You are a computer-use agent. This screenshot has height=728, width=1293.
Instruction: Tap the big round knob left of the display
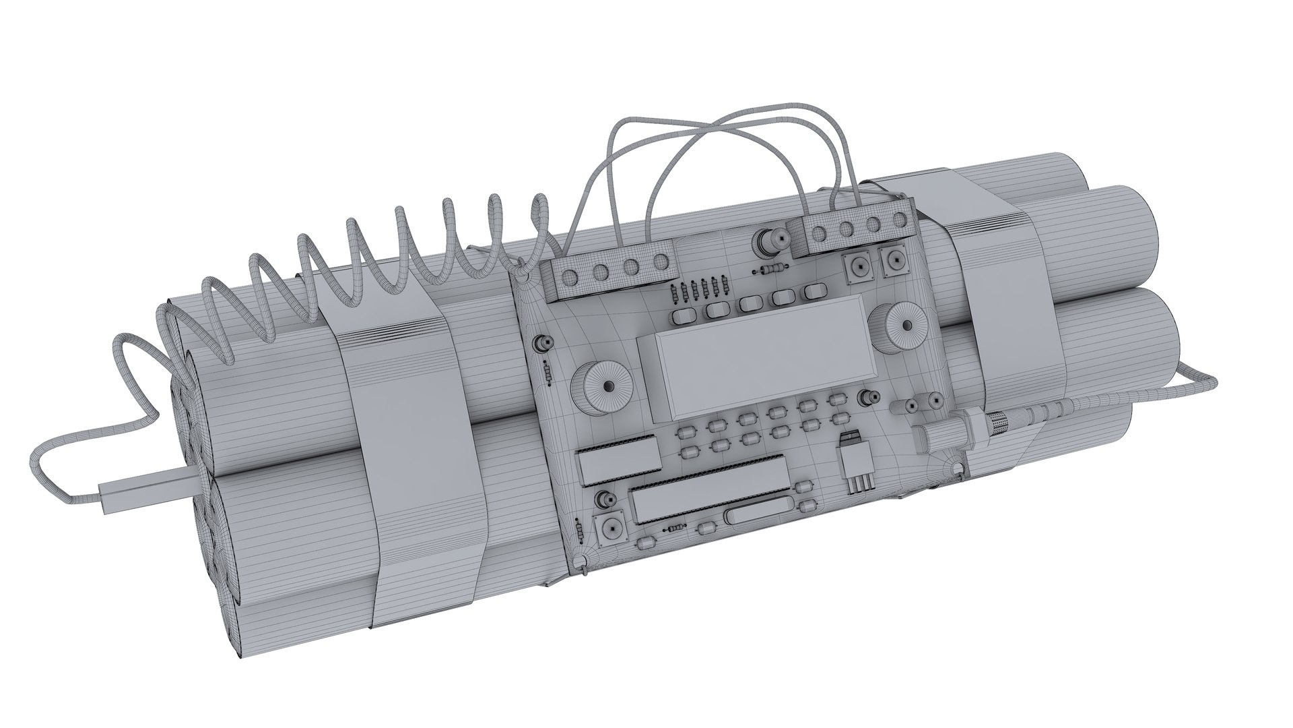(x=606, y=386)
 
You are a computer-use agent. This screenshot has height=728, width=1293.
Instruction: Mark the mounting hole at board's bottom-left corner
(x=581, y=562)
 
